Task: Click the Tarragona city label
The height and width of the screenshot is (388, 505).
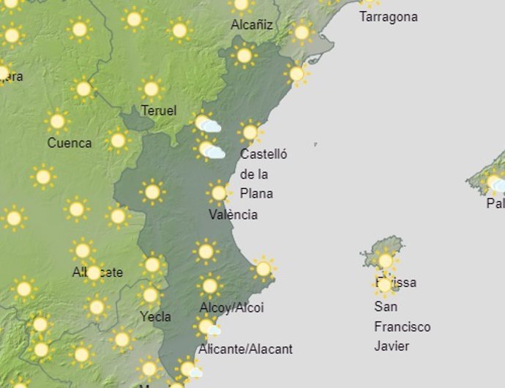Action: [389, 16]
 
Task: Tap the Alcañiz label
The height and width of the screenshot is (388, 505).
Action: [252, 25]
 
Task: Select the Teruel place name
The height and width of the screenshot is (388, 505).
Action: [159, 111]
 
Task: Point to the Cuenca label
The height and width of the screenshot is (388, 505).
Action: [70, 143]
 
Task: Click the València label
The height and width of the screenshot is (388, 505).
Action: [233, 214]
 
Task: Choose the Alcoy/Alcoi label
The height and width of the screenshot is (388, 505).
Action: [231, 307]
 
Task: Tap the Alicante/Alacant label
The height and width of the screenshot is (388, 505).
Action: [245, 349]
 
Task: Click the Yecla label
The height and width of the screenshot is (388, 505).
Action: [155, 316]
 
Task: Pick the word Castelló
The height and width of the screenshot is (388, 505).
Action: [263, 154]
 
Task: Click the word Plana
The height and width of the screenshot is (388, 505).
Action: [256, 193]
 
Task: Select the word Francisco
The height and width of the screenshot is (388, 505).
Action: [402, 327]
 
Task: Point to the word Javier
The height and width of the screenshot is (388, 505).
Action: [392, 346]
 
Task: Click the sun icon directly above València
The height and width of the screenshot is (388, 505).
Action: [218, 193]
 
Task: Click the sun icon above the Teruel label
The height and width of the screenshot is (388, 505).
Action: [151, 89]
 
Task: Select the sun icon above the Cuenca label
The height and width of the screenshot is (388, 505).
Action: [57, 121]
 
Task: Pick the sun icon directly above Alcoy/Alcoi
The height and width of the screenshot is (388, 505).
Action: [209, 286]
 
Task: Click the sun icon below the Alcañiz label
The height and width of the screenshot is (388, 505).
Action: [244, 55]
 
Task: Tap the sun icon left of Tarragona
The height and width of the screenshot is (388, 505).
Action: [301, 32]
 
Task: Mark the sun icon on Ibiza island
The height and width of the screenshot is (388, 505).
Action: [385, 260]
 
